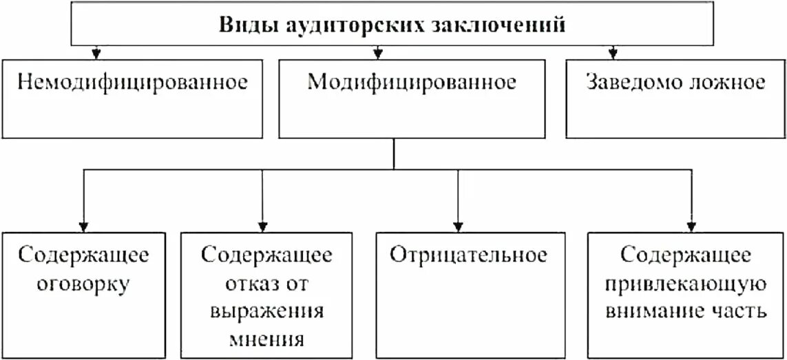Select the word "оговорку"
pyautogui.click(x=85, y=284)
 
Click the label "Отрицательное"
pyautogui.click(x=469, y=255)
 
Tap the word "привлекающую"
pyautogui.click(x=686, y=284)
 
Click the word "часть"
pyautogui.click(x=739, y=311)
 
